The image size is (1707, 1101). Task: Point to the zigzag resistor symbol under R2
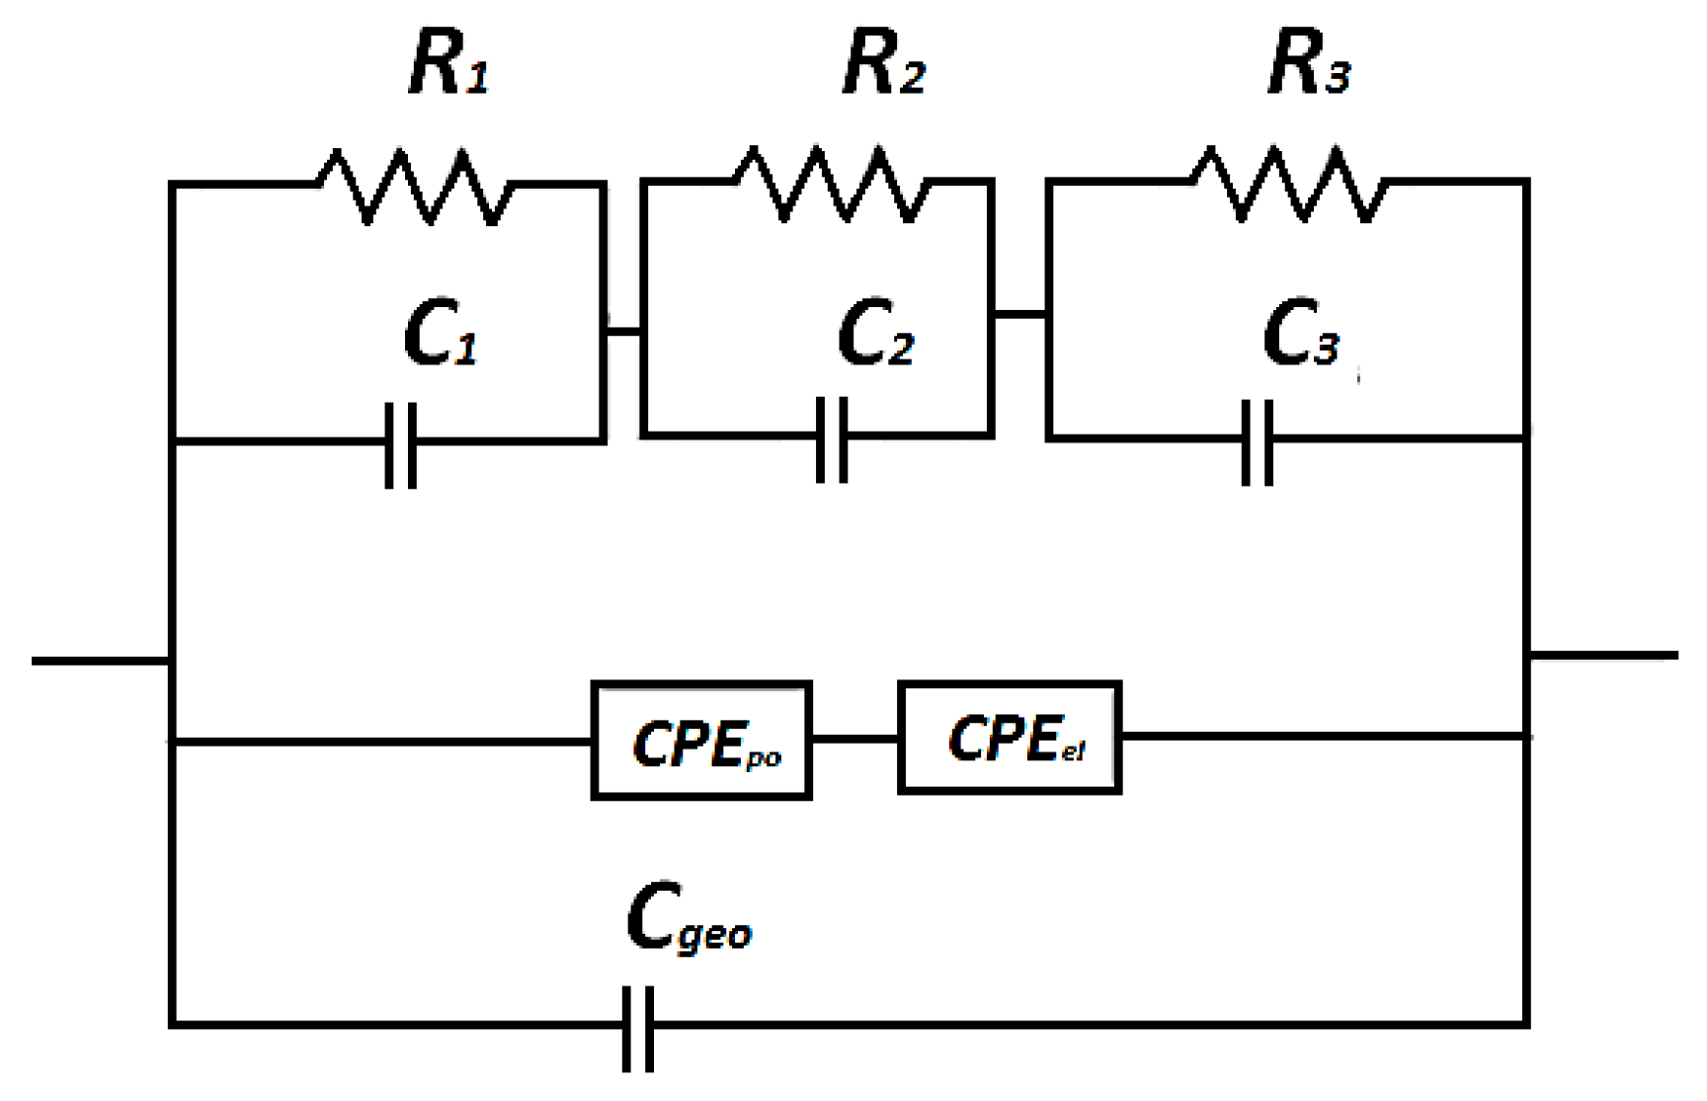(831, 184)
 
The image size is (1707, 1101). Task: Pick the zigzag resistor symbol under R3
(1289, 184)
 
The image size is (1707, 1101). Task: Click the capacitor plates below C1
(400, 444)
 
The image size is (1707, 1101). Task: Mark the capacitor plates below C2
(832, 439)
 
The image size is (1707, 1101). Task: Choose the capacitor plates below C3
(1257, 441)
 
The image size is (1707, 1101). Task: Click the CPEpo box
(701, 741)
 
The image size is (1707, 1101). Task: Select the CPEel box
(1010, 738)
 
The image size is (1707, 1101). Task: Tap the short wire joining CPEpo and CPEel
(854, 739)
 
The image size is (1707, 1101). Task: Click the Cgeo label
(690, 918)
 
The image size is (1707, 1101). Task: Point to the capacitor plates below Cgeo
(638, 1028)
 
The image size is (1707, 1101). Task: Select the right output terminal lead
(1602, 655)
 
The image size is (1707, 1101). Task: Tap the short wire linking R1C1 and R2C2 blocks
(622, 331)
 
